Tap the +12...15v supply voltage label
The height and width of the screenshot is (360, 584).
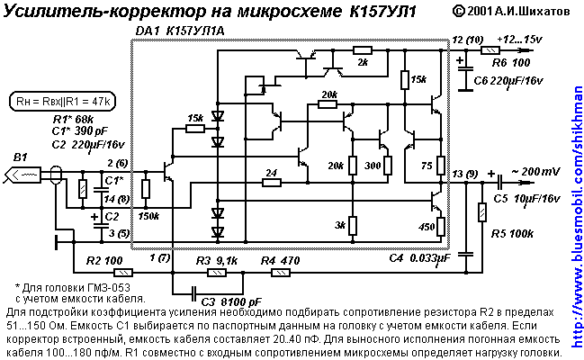pos(520,40)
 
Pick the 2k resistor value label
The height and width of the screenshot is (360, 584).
pos(363,62)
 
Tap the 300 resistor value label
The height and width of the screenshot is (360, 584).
pos(372,166)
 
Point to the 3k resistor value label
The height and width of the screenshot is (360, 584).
pos(339,225)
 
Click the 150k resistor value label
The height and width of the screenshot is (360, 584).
pos(148,217)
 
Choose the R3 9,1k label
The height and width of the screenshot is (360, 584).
pos(217,260)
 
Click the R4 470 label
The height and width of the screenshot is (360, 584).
pos(278,260)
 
